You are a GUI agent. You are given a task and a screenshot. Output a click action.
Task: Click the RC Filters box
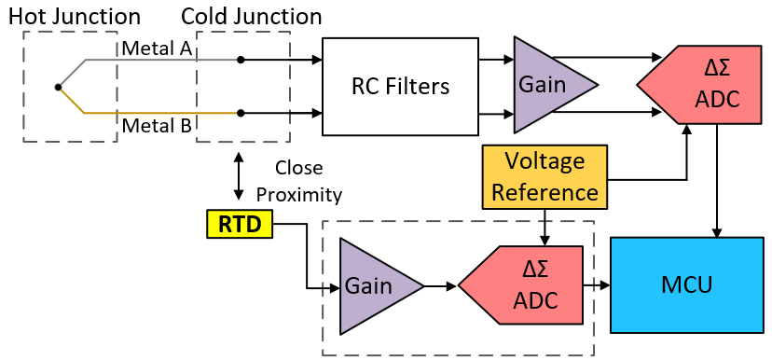point(399,87)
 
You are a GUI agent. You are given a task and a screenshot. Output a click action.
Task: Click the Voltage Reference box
point(545,176)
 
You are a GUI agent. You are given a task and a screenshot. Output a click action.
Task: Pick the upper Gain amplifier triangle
point(545,85)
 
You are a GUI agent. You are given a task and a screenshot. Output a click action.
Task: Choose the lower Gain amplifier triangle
point(373,285)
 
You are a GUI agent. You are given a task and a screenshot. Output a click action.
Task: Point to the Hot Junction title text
point(82,16)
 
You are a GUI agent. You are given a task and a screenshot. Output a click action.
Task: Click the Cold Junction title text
point(251,16)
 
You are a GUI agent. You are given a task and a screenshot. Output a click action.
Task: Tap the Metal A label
point(155,48)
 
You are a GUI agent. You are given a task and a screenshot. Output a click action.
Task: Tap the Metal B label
point(155,125)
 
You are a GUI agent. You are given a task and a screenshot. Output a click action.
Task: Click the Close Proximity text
point(298,181)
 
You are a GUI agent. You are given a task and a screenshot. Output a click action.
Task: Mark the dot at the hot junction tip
point(58,87)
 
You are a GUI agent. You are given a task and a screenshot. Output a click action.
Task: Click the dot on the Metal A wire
point(241,60)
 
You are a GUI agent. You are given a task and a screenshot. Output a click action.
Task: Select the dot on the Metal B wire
point(241,114)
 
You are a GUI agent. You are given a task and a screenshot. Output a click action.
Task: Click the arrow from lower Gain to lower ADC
point(440,285)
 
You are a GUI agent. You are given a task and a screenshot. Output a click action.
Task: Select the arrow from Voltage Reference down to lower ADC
point(545,226)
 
